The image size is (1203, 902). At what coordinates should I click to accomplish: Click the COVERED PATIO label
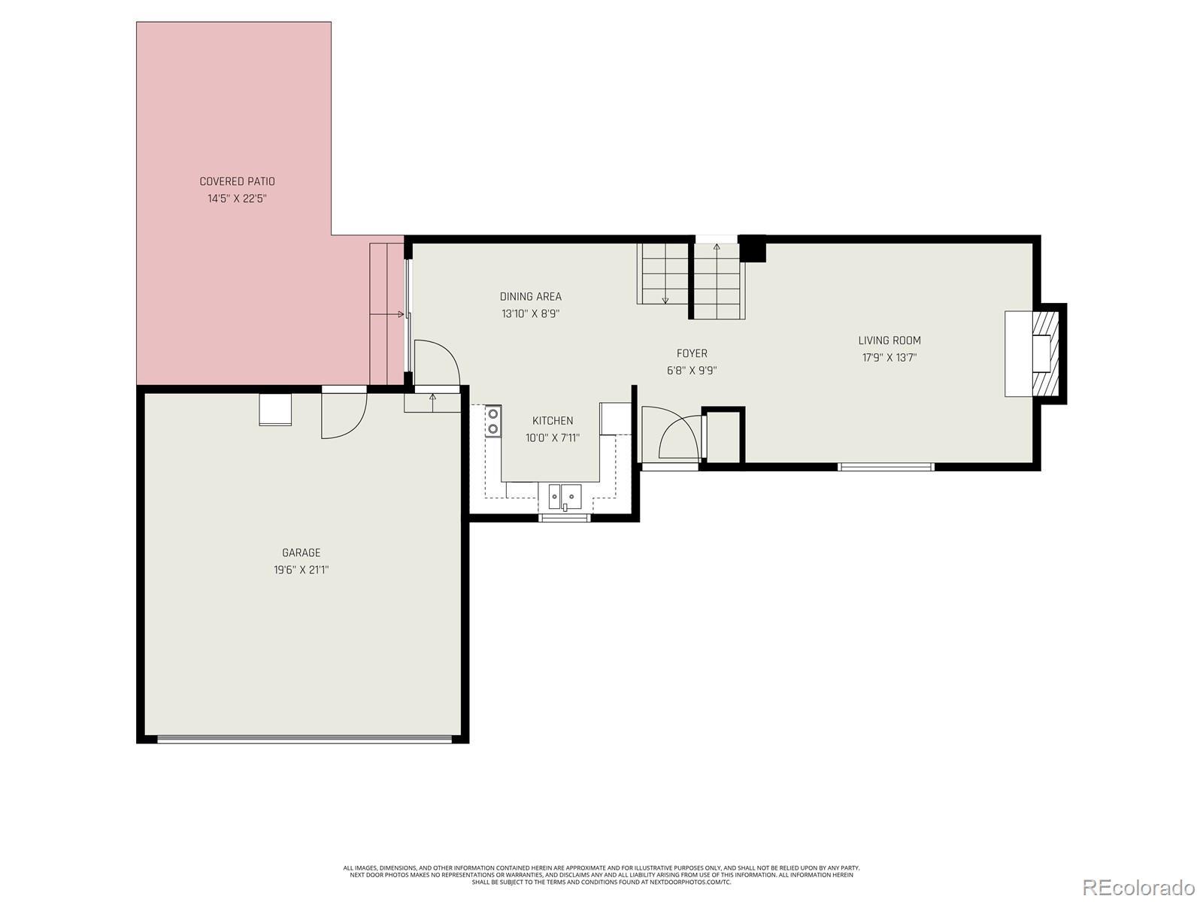(237, 181)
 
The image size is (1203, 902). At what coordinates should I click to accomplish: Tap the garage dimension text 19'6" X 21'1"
(301, 570)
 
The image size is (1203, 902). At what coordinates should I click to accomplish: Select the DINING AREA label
(531, 296)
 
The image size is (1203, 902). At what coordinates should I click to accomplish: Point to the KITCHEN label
(553, 421)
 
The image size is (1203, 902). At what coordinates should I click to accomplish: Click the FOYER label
(692, 353)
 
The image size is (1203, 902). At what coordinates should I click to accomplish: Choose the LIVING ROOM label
(889, 340)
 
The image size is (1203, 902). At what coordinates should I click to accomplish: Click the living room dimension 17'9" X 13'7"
(889, 358)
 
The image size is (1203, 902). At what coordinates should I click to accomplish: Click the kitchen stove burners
(493, 421)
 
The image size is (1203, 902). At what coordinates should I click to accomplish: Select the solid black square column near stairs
(752, 249)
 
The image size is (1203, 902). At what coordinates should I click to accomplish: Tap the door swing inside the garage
(344, 416)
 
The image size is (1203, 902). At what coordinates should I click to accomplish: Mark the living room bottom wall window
(886, 467)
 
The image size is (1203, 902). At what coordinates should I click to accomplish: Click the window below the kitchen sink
(564, 518)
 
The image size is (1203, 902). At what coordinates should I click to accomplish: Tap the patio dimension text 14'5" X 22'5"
(237, 198)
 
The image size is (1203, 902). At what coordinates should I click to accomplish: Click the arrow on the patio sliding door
(387, 314)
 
